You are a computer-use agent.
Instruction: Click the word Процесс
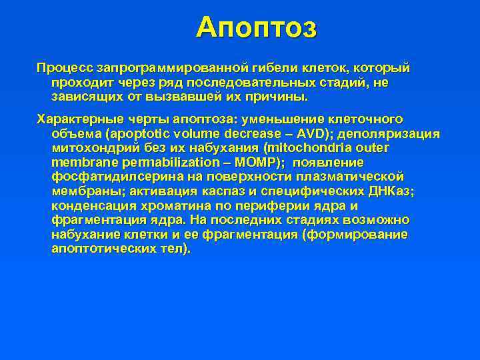pos(65,68)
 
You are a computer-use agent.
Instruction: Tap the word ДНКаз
pos(386,191)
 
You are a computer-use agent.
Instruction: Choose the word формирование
pos(359,235)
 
